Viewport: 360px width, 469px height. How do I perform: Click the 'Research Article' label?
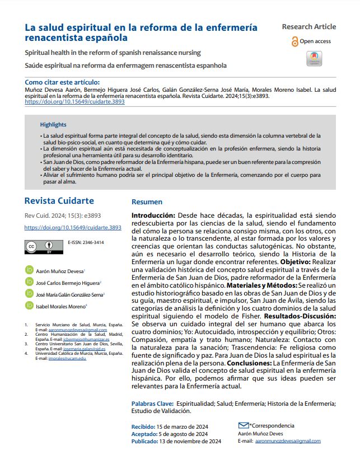[308, 26]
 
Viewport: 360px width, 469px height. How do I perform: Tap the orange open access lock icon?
[295, 41]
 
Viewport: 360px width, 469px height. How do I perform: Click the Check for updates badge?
[315, 59]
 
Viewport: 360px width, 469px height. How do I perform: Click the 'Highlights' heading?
[53, 125]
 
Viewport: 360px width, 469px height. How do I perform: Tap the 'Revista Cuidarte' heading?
[59, 201]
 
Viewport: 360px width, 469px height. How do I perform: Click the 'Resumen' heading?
[147, 202]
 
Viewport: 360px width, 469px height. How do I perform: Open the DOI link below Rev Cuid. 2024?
[73, 228]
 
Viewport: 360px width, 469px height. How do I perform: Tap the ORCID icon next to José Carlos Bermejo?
[30, 282]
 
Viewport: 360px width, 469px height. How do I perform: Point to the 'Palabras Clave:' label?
[152, 403]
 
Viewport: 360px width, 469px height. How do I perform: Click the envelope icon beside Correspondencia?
[243, 425]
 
